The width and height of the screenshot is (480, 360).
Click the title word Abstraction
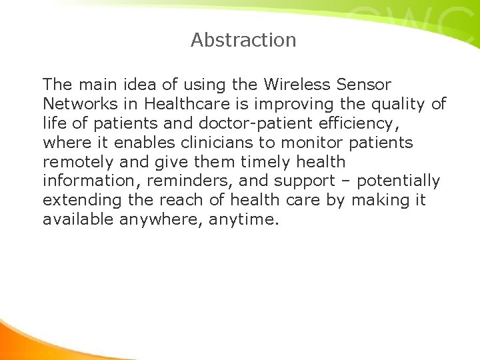(x=243, y=40)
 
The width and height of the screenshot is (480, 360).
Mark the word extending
(x=81, y=200)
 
